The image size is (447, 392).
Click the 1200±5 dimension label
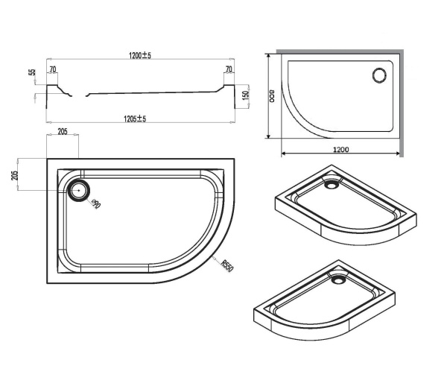point(140,55)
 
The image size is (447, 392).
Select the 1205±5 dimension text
point(135,118)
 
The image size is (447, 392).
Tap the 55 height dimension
point(33,72)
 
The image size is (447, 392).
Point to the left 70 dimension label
point(53,69)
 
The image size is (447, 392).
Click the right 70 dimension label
point(229,69)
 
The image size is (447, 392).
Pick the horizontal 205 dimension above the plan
point(63,131)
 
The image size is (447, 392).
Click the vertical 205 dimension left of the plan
point(14,175)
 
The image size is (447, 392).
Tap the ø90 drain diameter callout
point(96,204)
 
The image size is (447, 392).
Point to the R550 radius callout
point(227,266)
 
